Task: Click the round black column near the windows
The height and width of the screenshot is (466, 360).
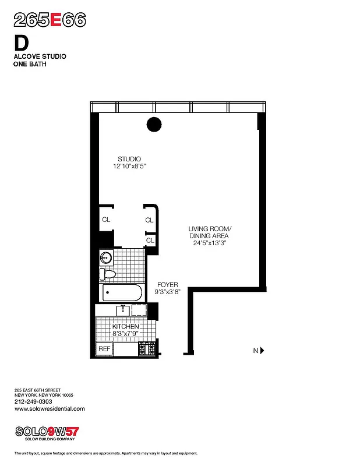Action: tap(154, 124)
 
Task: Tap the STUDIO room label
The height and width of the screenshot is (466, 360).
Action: tap(129, 159)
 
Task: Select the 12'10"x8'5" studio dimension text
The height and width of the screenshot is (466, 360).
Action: tap(129, 167)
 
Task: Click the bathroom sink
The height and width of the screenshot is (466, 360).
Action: tap(107, 257)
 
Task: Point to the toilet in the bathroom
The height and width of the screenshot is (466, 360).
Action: tap(108, 274)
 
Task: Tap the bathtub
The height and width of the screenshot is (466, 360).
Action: tap(121, 292)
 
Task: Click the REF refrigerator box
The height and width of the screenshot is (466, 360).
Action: tap(104, 349)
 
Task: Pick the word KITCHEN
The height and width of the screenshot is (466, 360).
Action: tap(126, 327)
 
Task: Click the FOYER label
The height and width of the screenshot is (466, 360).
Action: tap(167, 285)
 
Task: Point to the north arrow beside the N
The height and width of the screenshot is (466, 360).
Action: tap(262, 351)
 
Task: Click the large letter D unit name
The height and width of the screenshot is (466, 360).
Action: tap(20, 43)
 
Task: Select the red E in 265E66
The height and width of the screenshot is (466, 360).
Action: tap(56, 20)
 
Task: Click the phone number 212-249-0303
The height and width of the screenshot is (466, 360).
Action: tap(33, 401)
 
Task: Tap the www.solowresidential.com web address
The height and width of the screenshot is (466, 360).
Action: tap(50, 409)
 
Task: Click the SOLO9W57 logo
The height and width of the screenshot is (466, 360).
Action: tap(46, 432)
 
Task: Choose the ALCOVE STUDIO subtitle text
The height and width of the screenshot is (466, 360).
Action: tap(40, 57)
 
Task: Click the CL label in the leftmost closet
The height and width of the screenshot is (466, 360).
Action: tap(106, 220)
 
